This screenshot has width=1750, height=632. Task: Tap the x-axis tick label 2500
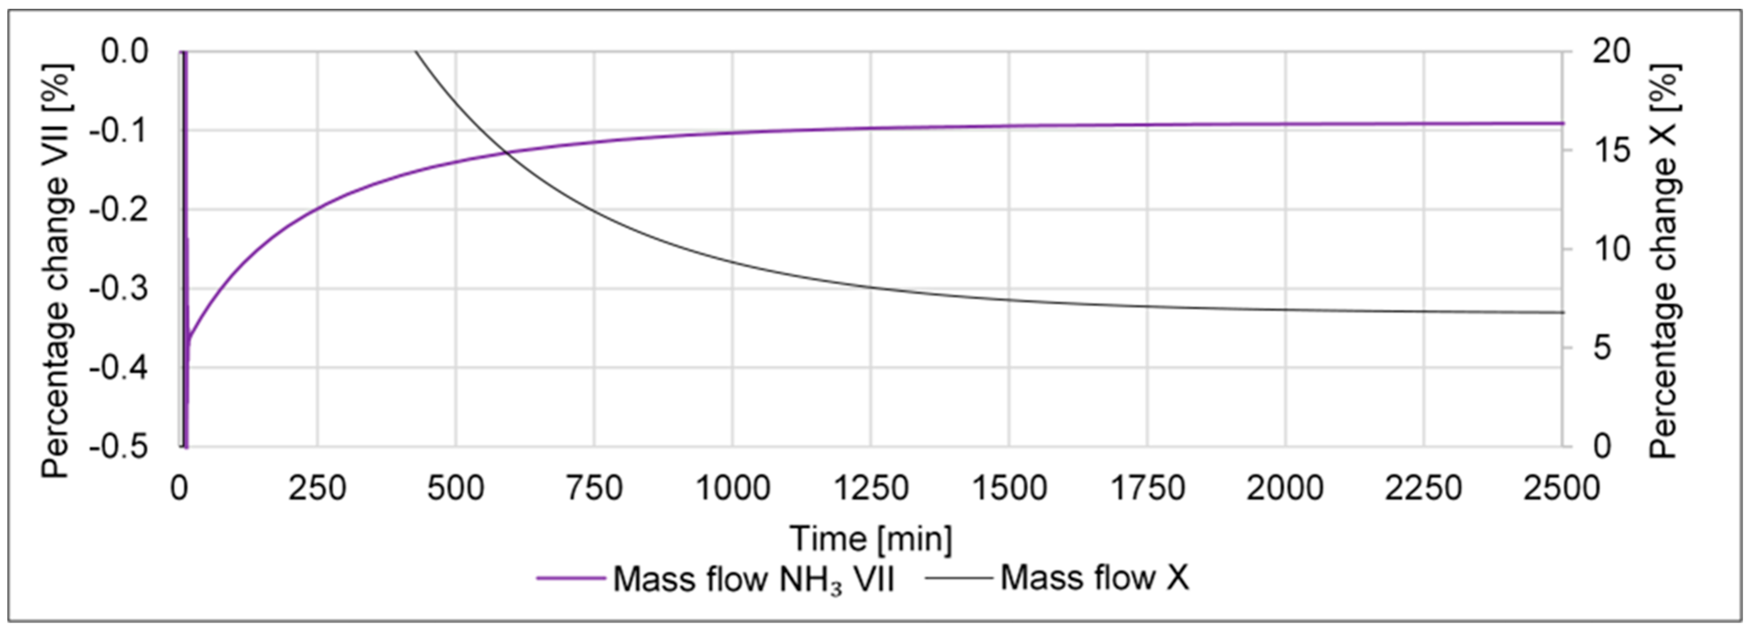(x=1562, y=488)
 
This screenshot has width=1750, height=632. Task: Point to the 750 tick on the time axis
(x=594, y=488)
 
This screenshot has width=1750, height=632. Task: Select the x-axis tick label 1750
(x=1147, y=488)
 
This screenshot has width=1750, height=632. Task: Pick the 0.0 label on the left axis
(x=125, y=51)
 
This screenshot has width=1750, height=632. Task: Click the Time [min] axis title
(x=871, y=539)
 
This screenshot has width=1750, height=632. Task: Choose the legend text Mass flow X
(x=1094, y=578)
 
